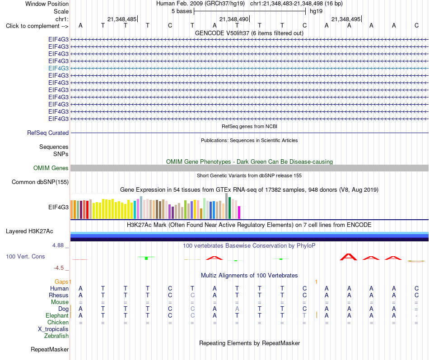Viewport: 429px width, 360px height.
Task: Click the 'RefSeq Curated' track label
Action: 48,133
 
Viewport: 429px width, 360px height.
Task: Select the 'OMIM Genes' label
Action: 51,168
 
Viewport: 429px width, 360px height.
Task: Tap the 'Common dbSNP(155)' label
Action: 40,182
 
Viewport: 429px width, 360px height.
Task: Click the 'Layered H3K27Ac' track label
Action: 29,231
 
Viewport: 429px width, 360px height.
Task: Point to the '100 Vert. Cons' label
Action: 25,256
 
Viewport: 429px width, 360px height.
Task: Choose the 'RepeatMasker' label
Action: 50,349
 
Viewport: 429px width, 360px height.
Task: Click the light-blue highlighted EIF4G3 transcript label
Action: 59,68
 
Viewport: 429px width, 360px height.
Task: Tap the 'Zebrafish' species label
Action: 56,336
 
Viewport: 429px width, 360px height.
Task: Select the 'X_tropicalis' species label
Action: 53,329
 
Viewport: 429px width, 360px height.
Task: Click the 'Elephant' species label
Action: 57,316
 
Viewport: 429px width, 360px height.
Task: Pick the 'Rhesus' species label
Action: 59,295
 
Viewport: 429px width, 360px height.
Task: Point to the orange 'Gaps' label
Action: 61,282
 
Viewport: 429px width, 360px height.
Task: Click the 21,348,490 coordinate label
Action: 234,19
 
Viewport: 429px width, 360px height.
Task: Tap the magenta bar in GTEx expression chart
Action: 239,212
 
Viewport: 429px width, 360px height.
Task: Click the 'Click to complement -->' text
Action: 37,26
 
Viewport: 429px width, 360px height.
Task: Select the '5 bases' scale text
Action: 182,11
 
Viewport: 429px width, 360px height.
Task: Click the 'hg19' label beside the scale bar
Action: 316,11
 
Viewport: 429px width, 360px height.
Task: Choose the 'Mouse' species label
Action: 60,302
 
